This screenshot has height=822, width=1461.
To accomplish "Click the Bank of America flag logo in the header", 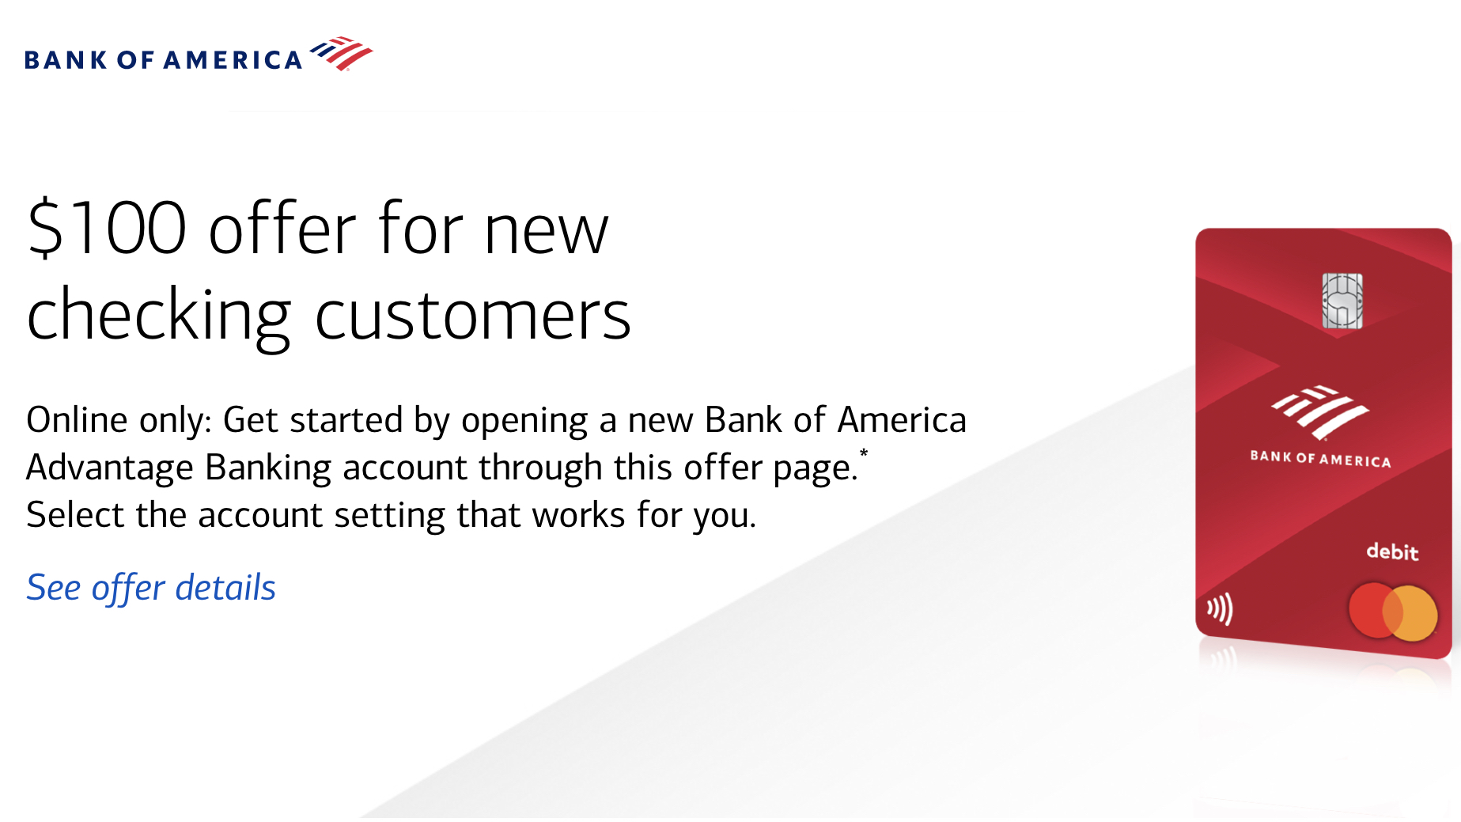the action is pyautogui.click(x=341, y=53).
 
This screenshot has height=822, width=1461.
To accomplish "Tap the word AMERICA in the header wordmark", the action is pyautogui.click(x=233, y=60).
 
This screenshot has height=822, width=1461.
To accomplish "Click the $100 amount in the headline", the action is pyautogui.click(x=108, y=228).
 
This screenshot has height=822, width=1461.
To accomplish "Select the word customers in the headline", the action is pyautogui.click(x=473, y=315).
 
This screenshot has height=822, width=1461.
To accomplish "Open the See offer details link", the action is pyautogui.click(x=151, y=588).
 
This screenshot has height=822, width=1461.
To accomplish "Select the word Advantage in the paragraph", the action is pyautogui.click(x=110, y=468).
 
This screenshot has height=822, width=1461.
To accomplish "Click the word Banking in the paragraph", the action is pyautogui.click(x=268, y=468).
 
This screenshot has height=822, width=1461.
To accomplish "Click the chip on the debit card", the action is pyautogui.click(x=1342, y=301).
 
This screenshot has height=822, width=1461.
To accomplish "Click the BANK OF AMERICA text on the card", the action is pyautogui.click(x=1320, y=459).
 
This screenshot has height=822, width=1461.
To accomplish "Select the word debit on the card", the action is pyautogui.click(x=1392, y=551).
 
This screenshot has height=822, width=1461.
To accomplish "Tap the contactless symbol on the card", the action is pyautogui.click(x=1220, y=609).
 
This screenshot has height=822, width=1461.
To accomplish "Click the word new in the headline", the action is pyautogui.click(x=547, y=231).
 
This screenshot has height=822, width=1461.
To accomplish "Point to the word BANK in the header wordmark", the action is pyautogui.click(x=66, y=60).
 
